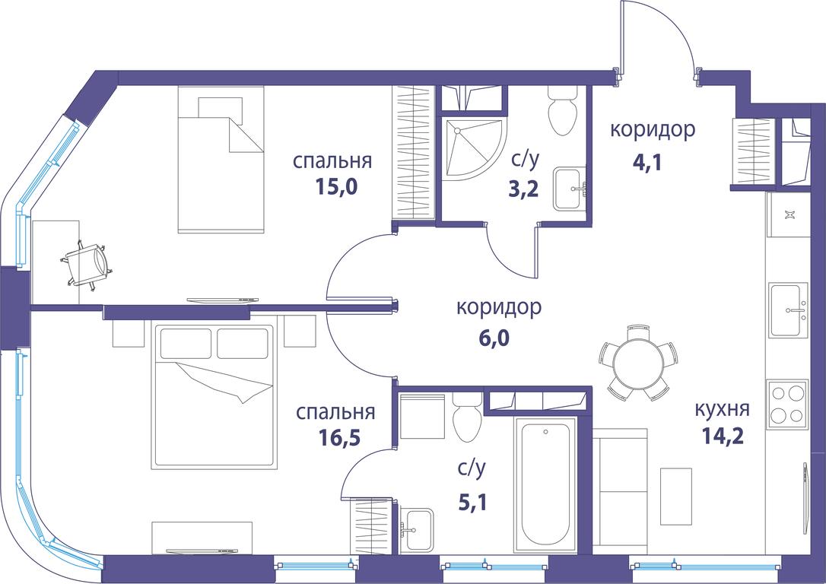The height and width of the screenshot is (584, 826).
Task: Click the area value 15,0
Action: point(337,186)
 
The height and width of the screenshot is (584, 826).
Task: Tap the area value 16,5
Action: point(339,437)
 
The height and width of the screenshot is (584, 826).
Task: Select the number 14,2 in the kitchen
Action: point(723,436)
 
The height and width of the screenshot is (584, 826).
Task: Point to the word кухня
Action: point(723,408)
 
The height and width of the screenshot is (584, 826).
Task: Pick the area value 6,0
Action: point(494,338)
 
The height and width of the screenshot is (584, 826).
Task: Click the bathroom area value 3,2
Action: point(523,188)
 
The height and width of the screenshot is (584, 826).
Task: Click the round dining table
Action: point(638,362)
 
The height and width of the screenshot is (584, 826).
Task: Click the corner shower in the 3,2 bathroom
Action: point(472,149)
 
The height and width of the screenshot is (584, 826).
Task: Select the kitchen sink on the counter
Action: point(788,310)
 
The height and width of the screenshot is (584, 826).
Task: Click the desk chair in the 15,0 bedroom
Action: point(88,262)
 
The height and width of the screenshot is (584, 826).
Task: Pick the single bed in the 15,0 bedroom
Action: point(221,159)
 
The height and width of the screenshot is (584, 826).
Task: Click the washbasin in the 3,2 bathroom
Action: point(570,189)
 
